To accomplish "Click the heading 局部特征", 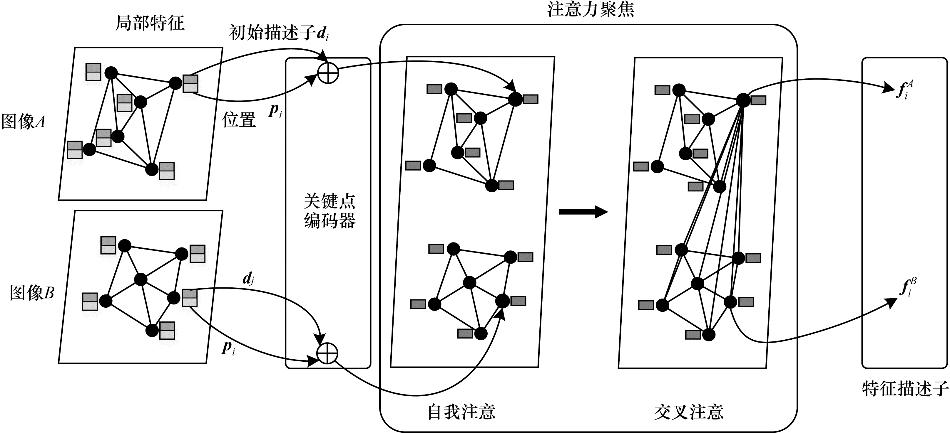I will [x=150, y=23].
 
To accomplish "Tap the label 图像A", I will [x=23, y=122].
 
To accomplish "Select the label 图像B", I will [x=32, y=293].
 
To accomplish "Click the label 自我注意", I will [x=461, y=412].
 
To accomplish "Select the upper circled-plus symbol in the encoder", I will [x=328, y=73].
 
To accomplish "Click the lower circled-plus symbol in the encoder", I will [x=327, y=353].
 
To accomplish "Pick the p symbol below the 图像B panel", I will [x=228, y=348].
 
